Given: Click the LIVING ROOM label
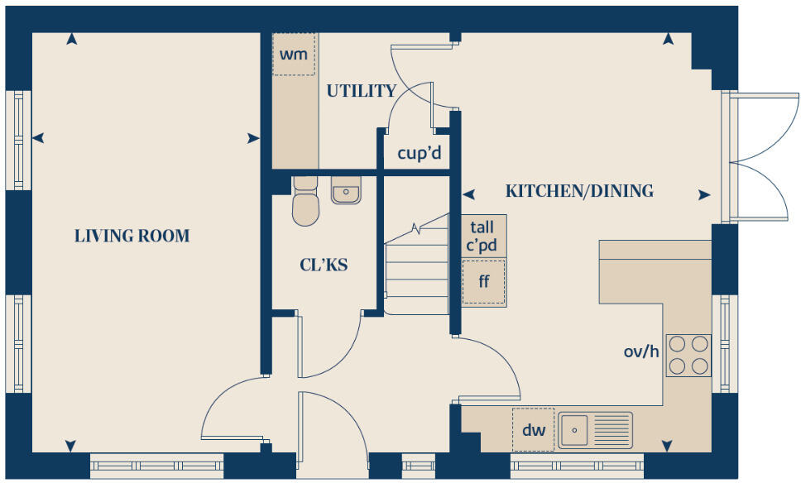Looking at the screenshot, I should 132,236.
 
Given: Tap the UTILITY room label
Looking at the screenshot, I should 361,91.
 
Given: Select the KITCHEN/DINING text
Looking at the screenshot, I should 579,191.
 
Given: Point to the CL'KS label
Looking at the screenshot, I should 324,265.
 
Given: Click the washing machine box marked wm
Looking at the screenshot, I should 294,55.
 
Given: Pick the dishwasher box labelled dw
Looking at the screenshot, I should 533,429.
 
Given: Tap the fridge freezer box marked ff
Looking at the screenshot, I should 484,281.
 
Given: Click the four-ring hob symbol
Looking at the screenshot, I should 688,355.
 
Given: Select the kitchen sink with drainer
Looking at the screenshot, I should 595,430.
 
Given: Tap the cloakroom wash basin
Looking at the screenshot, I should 345,190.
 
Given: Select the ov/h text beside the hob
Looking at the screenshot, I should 641,351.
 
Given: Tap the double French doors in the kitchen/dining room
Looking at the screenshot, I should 757,157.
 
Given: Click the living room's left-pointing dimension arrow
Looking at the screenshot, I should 37,138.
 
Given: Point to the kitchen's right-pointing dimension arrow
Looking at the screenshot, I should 703,195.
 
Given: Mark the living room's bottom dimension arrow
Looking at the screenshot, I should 72,445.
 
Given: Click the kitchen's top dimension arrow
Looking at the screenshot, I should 668,38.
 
